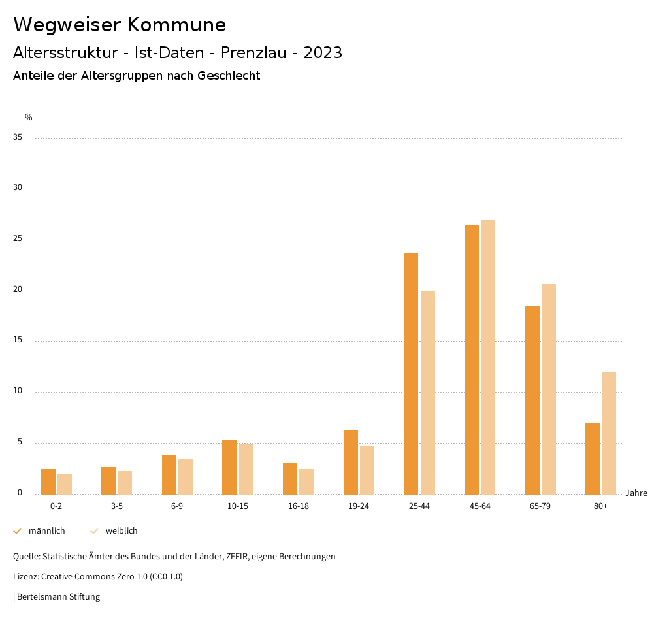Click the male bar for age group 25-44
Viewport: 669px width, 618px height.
coord(411,373)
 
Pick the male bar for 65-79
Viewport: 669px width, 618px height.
coord(532,399)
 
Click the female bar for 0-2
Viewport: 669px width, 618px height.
coord(65,484)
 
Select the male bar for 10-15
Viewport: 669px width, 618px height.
coord(229,466)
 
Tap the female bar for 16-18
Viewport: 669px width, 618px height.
coord(306,481)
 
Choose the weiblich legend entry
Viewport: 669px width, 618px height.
coord(122,531)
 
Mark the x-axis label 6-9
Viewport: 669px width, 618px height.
coord(177,506)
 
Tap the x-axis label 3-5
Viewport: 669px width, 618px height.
coord(116,506)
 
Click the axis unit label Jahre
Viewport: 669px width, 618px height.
coord(636,493)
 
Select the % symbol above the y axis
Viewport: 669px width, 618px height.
coord(29,118)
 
